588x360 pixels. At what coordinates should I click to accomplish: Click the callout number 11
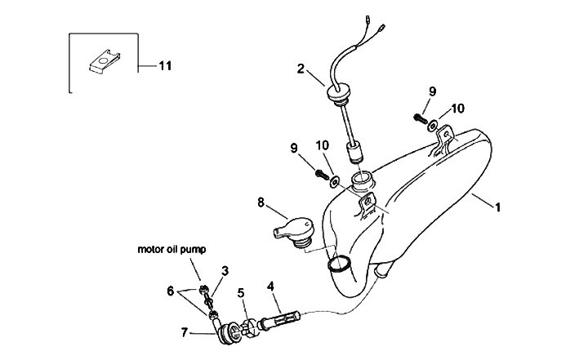[x=165, y=66]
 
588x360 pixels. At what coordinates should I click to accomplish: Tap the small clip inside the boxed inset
[x=100, y=60]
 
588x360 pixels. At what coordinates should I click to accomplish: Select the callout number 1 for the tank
[x=497, y=207]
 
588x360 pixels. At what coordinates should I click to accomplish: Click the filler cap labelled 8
[x=290, y=229]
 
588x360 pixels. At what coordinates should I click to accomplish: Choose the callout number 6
[x=171, y=290]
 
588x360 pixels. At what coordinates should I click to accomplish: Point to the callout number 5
[x=241, y=292]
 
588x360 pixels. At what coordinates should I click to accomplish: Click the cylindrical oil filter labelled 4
[x=280, y=316]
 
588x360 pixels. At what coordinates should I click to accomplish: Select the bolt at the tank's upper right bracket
[x=421, y=118]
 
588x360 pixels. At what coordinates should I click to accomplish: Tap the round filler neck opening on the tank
[x=361, y=179]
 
